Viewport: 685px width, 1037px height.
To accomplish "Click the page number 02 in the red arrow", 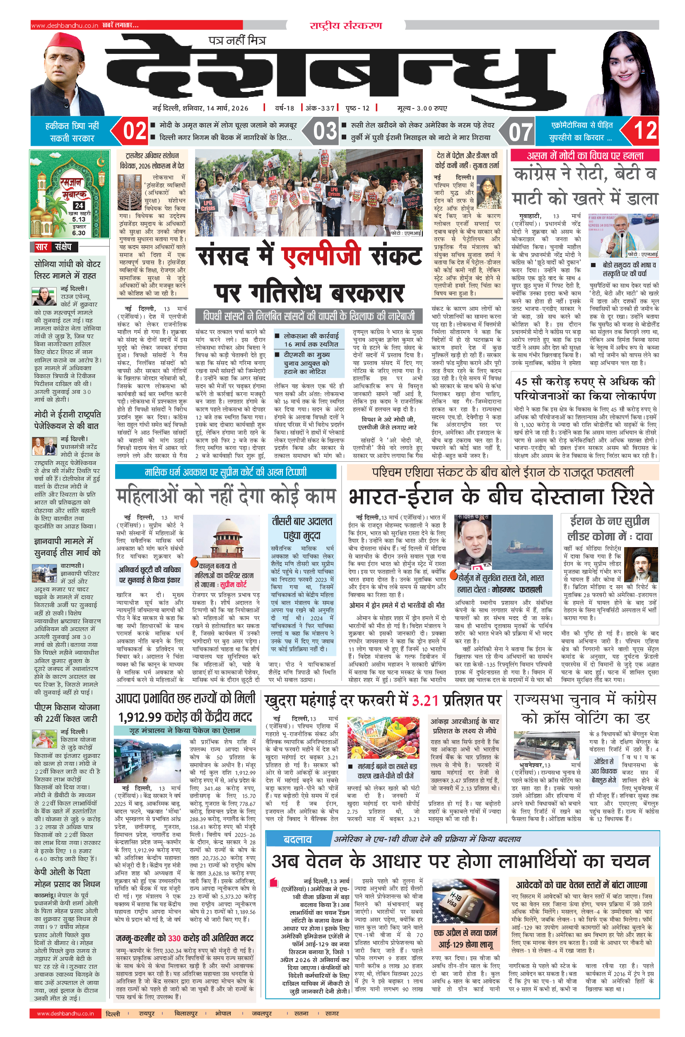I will (134, 130).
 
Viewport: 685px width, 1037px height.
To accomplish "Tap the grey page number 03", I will (325, 130).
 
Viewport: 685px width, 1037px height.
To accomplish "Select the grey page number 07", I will (520, 131).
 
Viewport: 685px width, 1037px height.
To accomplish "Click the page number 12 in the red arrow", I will (645, 130).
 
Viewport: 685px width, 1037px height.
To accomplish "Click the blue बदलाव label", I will (297, 839).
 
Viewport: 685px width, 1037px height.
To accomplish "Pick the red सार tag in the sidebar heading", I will (41, 247).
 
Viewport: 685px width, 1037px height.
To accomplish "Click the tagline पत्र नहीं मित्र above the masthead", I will (237, 40).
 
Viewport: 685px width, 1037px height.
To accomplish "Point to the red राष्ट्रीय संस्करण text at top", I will (345, 25).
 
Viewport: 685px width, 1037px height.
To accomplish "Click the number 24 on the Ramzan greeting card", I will (79, 205).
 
